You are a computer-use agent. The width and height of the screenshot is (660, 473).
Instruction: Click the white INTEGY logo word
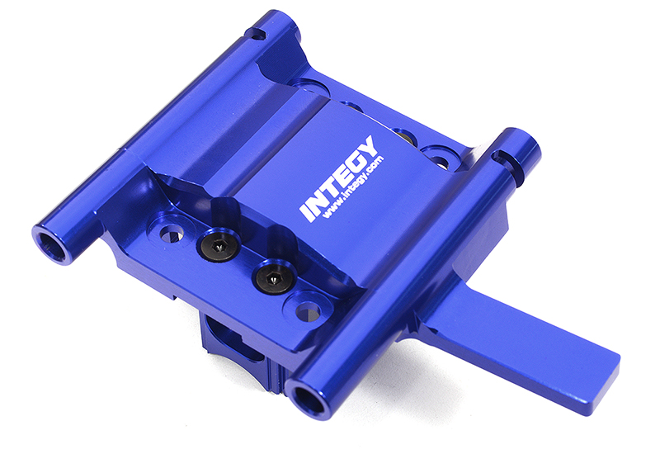coord(340,179)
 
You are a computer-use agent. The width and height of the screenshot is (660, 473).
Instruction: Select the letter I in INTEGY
coord(307,212)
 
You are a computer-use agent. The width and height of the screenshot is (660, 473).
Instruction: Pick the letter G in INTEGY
coord(358,161)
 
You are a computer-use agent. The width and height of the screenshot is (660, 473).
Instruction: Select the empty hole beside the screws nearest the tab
coord(307,310)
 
